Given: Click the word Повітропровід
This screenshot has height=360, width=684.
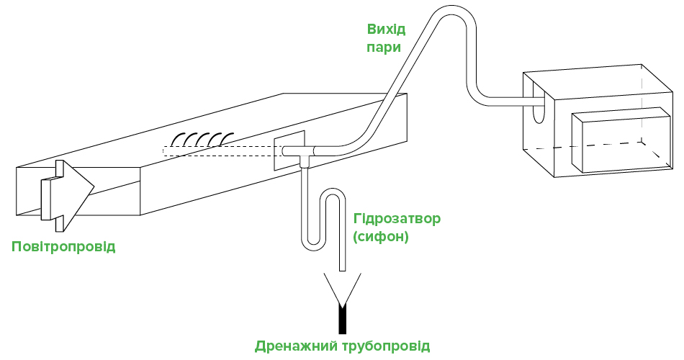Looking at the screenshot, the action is click(x=63, y=246).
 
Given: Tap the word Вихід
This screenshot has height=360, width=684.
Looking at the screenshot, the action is click(x=386, y=30).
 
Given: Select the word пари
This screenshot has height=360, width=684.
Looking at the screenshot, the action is click(x=384, y=47).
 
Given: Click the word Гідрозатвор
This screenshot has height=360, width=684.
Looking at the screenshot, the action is click(x=397, y=219).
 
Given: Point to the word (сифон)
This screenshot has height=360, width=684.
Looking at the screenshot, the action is click(x=380, y=237).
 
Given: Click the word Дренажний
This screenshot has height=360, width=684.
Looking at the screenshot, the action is click(x=296, y=346).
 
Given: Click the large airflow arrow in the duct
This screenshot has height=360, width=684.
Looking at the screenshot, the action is click(x=67, y=196).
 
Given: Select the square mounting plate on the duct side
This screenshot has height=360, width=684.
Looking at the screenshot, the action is click(x=289, y=150).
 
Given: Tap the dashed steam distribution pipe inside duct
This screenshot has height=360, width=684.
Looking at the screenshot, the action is click(x=222, y=151).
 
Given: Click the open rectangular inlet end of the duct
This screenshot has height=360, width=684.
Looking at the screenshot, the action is click(x=78, y=191).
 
